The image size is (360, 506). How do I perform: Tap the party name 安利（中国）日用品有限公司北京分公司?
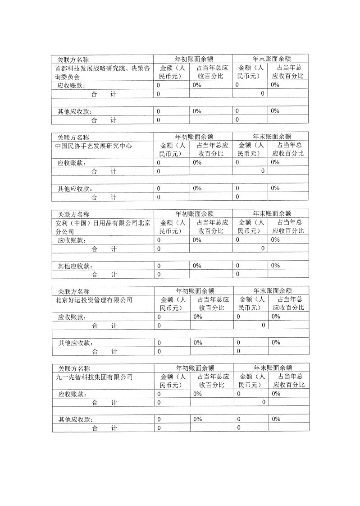tap(102, 226)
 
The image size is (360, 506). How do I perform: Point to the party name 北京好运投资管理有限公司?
tap(94, 299)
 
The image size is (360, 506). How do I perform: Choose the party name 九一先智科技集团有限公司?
tap(94, 377)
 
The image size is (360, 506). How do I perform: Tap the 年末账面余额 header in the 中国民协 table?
tap(272, 136)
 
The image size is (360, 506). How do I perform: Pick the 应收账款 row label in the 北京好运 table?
tap(72, 317)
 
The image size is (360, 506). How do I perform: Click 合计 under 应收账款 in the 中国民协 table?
tap(104, 171)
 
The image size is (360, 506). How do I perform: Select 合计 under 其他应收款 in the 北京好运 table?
tap(104, 351)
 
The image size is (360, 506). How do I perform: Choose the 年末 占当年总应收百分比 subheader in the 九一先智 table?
tap(289, 381)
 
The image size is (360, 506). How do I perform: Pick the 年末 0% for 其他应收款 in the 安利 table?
tap(275, 266)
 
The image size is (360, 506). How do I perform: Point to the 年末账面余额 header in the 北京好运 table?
tap(272, 290)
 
